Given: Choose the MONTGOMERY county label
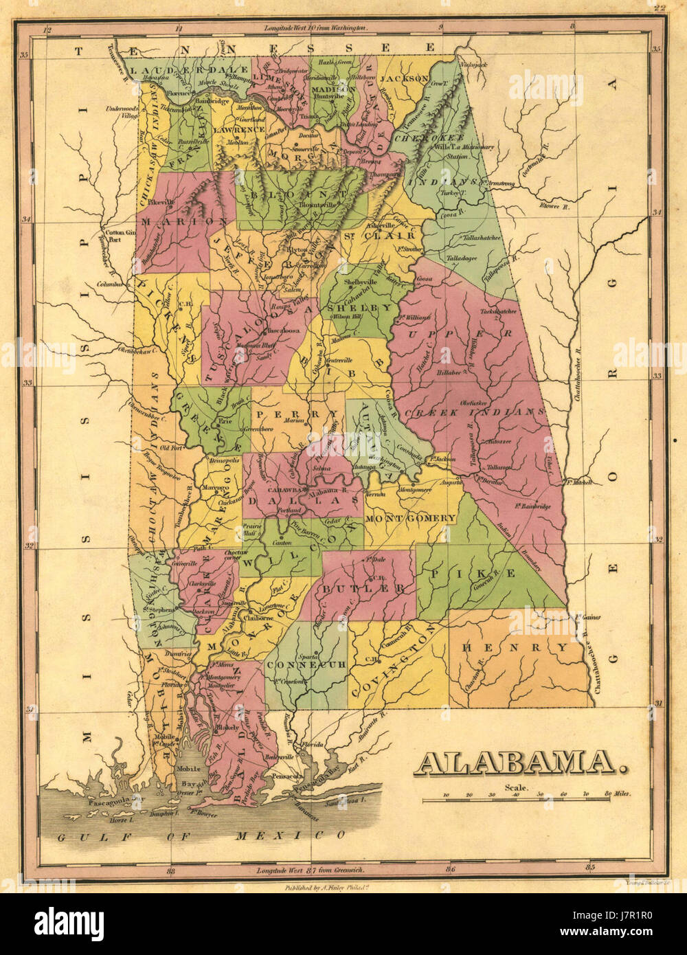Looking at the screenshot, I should point(411,517).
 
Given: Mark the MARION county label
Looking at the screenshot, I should point(185,221).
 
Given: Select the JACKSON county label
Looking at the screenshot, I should point(405,79).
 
